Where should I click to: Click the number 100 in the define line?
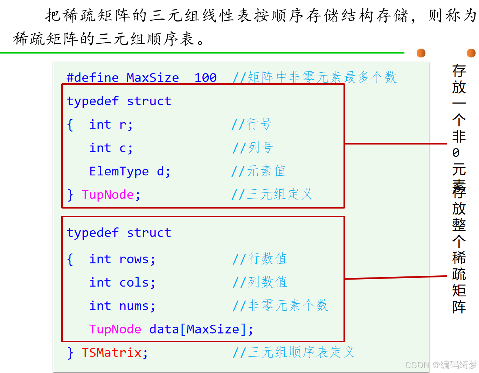pyautogui.click(x=206, y=78)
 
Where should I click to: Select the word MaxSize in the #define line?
pyautogui.click(x=153, y=78)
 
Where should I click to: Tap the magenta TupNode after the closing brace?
pyautogui.click(x=108, y=195)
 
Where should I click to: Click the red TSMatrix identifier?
pyautogui.click(x=111, y=353)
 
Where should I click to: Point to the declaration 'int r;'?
pyautogui.click(x=111, y=125)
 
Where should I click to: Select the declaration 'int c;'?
pyautogui.click(x=111, y=148)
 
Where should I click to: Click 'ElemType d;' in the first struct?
pyautogui.click(x=130, y=171)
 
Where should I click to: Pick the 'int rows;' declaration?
pyautogui.click(x=122, y=259)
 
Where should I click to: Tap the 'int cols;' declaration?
pyautogui.click(x=122, y=283)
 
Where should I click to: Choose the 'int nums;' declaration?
pyautogui.click(x=122, y=306)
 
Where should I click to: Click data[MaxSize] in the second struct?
pyautogui.click(x=201, y=330)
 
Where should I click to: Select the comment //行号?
pyautogui.click(x=252, y=124)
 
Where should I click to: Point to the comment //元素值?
pyautogui.click(x=259, y=171)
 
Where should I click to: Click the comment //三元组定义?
pyautogui.click(x=272, y=194)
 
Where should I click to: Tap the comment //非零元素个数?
pyautogui.click(x=280, y=306)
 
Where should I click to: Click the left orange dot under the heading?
pyautogui.click(x=421, y=53)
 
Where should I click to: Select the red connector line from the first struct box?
pyautogui.click(x=395, y=143)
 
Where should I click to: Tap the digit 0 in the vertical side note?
pyautogui.click(x=456, y=153)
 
